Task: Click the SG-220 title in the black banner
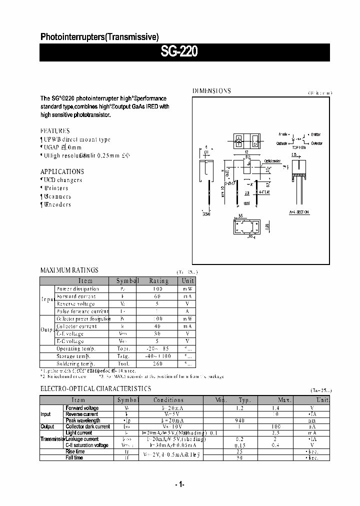pyautogui.click(x=179, y=52)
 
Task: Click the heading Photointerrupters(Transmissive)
pyautogui.click(x=99, y=36)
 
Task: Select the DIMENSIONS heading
pyautogui.click(x=212, y=91)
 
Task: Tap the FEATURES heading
pyautogui.click(x=55, y=131)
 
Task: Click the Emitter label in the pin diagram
pyautogui.click(x=316, y=134)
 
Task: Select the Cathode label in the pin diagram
pyautogui.click(x=281, y=143)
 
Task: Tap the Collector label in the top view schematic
pyautogui.click(x=316, y=143)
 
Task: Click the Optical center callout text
pyautogui.click(x=272, y=161)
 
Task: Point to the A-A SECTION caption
pyautogui.click(x=299, y=212)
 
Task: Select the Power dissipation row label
pyautogui.click(x=77, y=288)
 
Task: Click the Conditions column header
pyautogui.click(x=168, y=400)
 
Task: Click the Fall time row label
pyautogui.click(x=74, y=457)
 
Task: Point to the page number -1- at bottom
pyautogui.click(x=179, y=484)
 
